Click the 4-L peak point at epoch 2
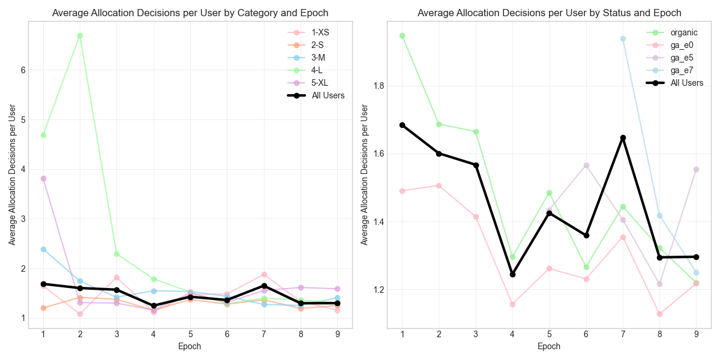coord(80,35)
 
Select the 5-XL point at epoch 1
coord(43,178)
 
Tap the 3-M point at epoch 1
coord(43,249)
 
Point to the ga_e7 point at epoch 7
coord(623,38)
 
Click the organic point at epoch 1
coord(402,35)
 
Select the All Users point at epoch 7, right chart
coord(623,137)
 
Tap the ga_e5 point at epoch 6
coord(586,165)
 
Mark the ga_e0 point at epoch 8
coord(659,314)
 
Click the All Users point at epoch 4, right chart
coord(512,274)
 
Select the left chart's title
coord(190,13)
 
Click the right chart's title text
coord(550,13)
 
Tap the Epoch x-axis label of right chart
coord(549,346)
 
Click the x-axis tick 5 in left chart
coord(190,334)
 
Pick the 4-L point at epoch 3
coord(116,254)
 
